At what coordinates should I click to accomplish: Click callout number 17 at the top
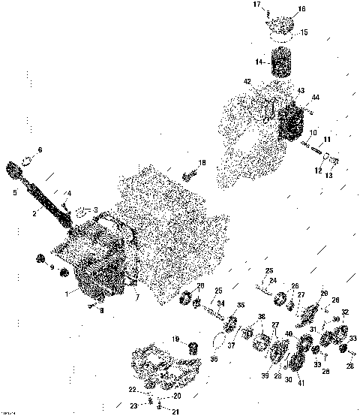click(256, 5)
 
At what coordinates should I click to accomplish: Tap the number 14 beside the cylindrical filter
click(258, 63)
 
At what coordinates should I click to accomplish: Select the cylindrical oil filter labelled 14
click(280, 63)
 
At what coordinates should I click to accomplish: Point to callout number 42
click(247, 81)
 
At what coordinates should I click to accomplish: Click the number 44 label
click(316, 98)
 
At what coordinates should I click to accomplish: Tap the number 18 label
click(202, 163)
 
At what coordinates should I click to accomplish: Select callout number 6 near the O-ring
click(40, 149)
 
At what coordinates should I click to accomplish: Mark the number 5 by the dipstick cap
click(14, 192)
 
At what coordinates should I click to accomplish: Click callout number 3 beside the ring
click(95, 210)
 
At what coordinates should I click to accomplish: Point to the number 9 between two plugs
click(52, 267)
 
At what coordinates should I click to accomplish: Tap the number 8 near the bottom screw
click(102, 309)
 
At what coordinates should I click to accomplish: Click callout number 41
click(301, 384)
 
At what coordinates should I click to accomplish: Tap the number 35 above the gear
click(241, 305)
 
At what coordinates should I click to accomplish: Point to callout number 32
click(345, 312)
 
